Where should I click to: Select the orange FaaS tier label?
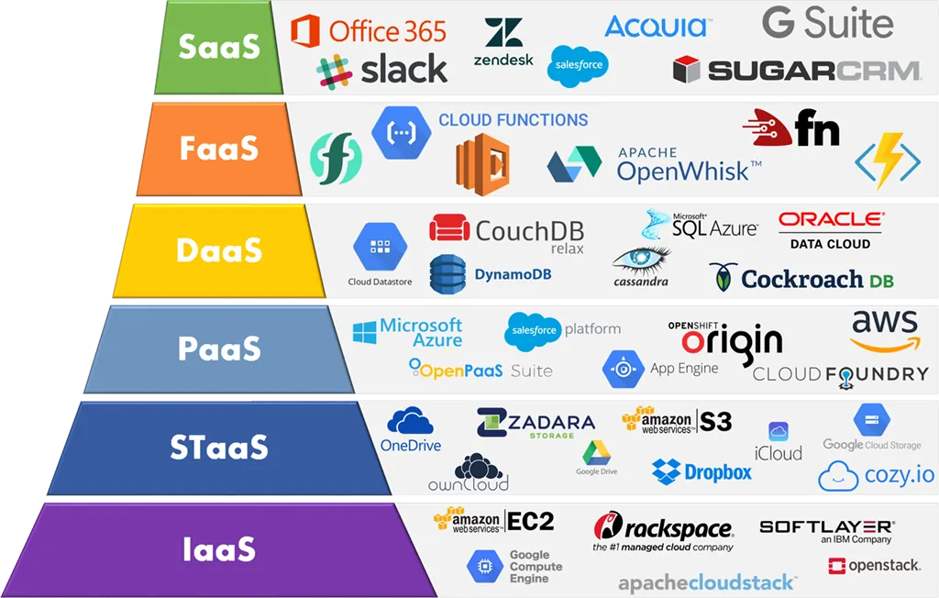pos(217,148)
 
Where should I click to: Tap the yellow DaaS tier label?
pos(219,249)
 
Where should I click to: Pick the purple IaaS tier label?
pos(217,549)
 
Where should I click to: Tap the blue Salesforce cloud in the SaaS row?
pos(578,66)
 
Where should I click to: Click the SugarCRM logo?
pos(796,70)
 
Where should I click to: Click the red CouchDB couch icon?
pos(450,228)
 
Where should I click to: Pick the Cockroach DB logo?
pos(801,279)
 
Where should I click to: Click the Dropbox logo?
pos(702,472)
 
